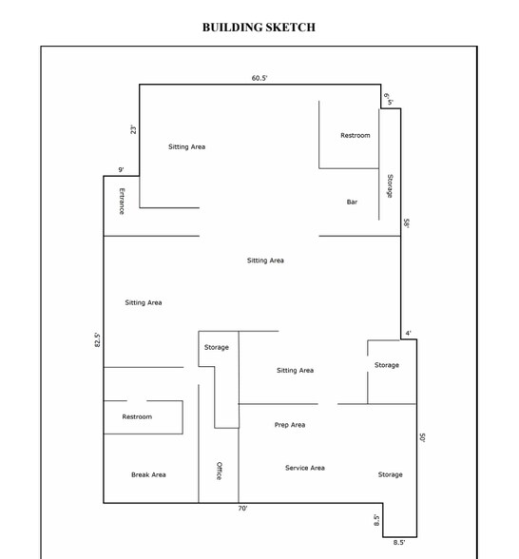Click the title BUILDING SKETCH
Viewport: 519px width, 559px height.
tap(259, 28)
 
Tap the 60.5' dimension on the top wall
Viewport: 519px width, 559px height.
tap(259, 78)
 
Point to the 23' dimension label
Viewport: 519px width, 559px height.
tap(133, 129)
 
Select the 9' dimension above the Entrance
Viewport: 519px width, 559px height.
tap(122, 169)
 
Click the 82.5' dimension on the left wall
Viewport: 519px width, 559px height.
tap(97, 340)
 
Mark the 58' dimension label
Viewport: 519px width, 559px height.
tap(407, 223)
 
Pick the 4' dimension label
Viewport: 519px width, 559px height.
tap(408, 334)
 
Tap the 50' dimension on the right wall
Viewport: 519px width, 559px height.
tap(422, 437)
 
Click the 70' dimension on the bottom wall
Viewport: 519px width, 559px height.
tap(242, 509)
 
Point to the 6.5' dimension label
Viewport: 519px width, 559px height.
tap(388, 100)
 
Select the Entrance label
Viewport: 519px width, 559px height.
tap(122, 202)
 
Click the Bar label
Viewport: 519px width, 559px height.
tap(352, 202)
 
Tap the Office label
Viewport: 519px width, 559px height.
tap(220, 471)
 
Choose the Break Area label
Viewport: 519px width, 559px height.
tap(148, 475)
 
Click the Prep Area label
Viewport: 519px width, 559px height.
tap(290, 425)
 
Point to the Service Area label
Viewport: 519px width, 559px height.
tap(305, 468)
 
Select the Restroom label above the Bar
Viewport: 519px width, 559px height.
tap(356, 135)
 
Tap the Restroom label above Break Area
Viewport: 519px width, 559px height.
tap(137, 416)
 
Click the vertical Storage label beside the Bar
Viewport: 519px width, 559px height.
tap(390, 186)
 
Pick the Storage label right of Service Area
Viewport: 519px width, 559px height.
tap(391, 475)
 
